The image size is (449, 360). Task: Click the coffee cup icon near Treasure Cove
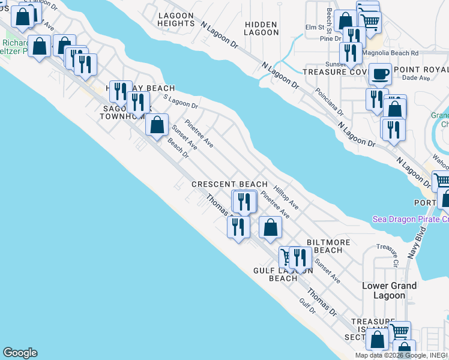point(380,74)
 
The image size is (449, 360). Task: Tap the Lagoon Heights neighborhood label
point(176,19)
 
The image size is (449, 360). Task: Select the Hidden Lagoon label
point(261,29)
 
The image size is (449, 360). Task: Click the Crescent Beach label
point(229,184)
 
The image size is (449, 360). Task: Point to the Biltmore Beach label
point(328,246)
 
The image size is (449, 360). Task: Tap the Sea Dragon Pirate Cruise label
point(410,219)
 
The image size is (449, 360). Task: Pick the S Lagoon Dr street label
point(180,103)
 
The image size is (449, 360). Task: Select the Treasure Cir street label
point(387,254)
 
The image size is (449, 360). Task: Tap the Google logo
point(20,353)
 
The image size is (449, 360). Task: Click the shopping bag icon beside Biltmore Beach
point(270,227)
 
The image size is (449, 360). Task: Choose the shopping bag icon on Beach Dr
point(157,125)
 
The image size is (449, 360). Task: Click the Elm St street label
point(315,27)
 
